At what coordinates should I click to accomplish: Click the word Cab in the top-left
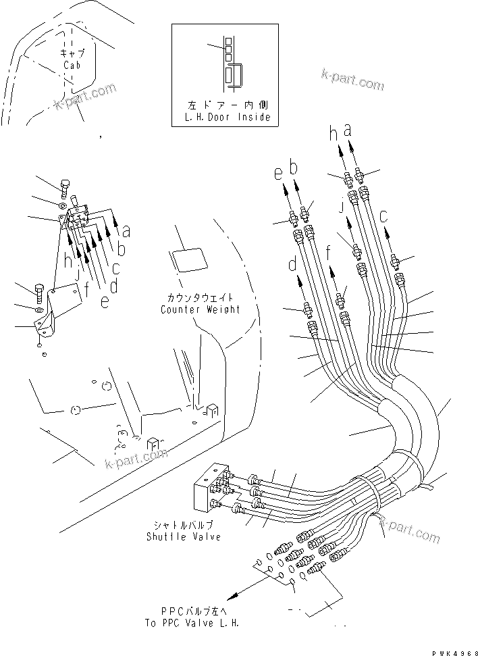coord(73,65)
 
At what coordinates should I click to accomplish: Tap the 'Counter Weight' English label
coord(201,309)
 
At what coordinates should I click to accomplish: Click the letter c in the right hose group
coord(384,217)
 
